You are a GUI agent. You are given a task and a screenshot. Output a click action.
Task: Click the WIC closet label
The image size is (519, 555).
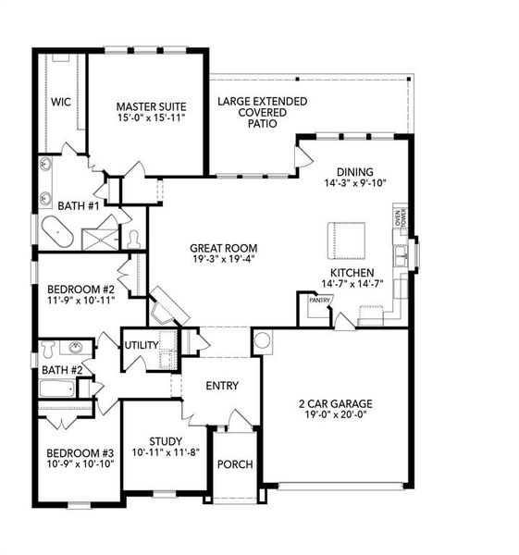61,101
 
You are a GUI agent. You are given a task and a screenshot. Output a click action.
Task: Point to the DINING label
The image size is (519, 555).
354,171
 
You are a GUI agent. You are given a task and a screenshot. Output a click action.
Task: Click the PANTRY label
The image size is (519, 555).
320,300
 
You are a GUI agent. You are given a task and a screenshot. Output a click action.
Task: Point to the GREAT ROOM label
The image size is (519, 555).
223,248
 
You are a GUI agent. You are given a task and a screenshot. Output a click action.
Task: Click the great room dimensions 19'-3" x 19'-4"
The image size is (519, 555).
223,260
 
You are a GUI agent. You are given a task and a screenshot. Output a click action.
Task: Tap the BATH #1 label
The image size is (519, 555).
78,204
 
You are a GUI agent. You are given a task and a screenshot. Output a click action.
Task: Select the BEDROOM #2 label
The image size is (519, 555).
79,289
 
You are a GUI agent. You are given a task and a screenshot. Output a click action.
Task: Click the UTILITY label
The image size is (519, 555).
142,345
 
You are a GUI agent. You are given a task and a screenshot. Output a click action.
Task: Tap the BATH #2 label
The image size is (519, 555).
62,370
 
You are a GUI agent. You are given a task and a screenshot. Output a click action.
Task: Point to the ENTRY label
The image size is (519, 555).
222,386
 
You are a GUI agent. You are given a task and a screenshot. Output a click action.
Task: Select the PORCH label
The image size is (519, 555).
235,463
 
